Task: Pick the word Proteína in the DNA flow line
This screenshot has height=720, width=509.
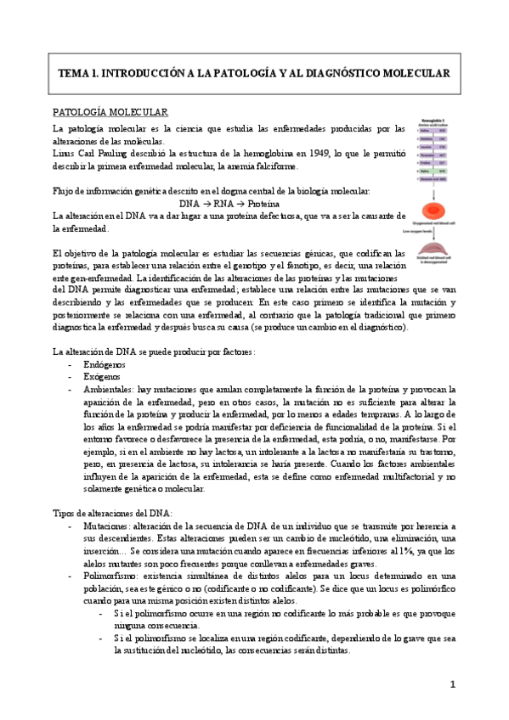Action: click(273, 204)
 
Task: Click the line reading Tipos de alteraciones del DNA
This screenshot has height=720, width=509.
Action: click(112, 513)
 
